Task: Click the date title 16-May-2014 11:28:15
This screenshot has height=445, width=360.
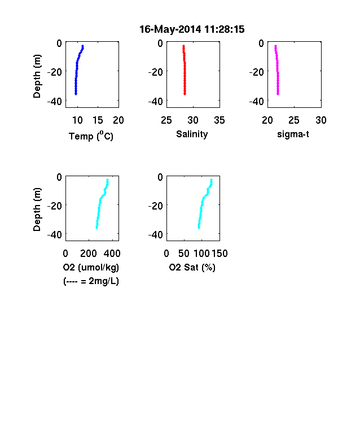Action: click(x=192, y=29)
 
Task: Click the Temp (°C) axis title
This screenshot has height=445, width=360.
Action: click(x=91, y=136)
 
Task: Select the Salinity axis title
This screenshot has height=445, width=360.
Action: click(x=192, y=134)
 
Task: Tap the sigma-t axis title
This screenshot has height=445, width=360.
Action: click(x=293, y=134)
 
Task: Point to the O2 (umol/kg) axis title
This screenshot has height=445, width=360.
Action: click(x=91, y=267)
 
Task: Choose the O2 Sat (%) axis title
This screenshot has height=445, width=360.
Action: click(x=192, y=267)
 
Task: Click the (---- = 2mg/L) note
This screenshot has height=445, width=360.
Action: click(x=91, y=281)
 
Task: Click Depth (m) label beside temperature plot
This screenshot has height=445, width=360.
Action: click(x=37, y=76)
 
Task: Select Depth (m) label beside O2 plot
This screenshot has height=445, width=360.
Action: click(x=37, y=210)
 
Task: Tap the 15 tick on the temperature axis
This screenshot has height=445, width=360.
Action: click(x=98, y=120)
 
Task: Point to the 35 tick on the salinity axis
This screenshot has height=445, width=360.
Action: click(x=219, y=120)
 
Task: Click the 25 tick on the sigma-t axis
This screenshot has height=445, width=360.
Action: click(x=294, y=120)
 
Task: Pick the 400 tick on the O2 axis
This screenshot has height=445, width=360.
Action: click(x=112, y=254)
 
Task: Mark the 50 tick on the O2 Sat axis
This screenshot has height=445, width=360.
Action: click(x=184, y=254)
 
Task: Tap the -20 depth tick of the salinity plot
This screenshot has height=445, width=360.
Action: click(x=155, y=72)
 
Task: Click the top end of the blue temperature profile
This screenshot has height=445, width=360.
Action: click(x=83, y=45)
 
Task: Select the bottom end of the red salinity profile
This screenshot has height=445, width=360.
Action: click(x=185, y=94)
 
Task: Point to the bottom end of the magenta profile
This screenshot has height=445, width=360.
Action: click(x=278, y=94)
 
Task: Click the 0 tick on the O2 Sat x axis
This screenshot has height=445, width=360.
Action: click(x=166, y=254)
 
